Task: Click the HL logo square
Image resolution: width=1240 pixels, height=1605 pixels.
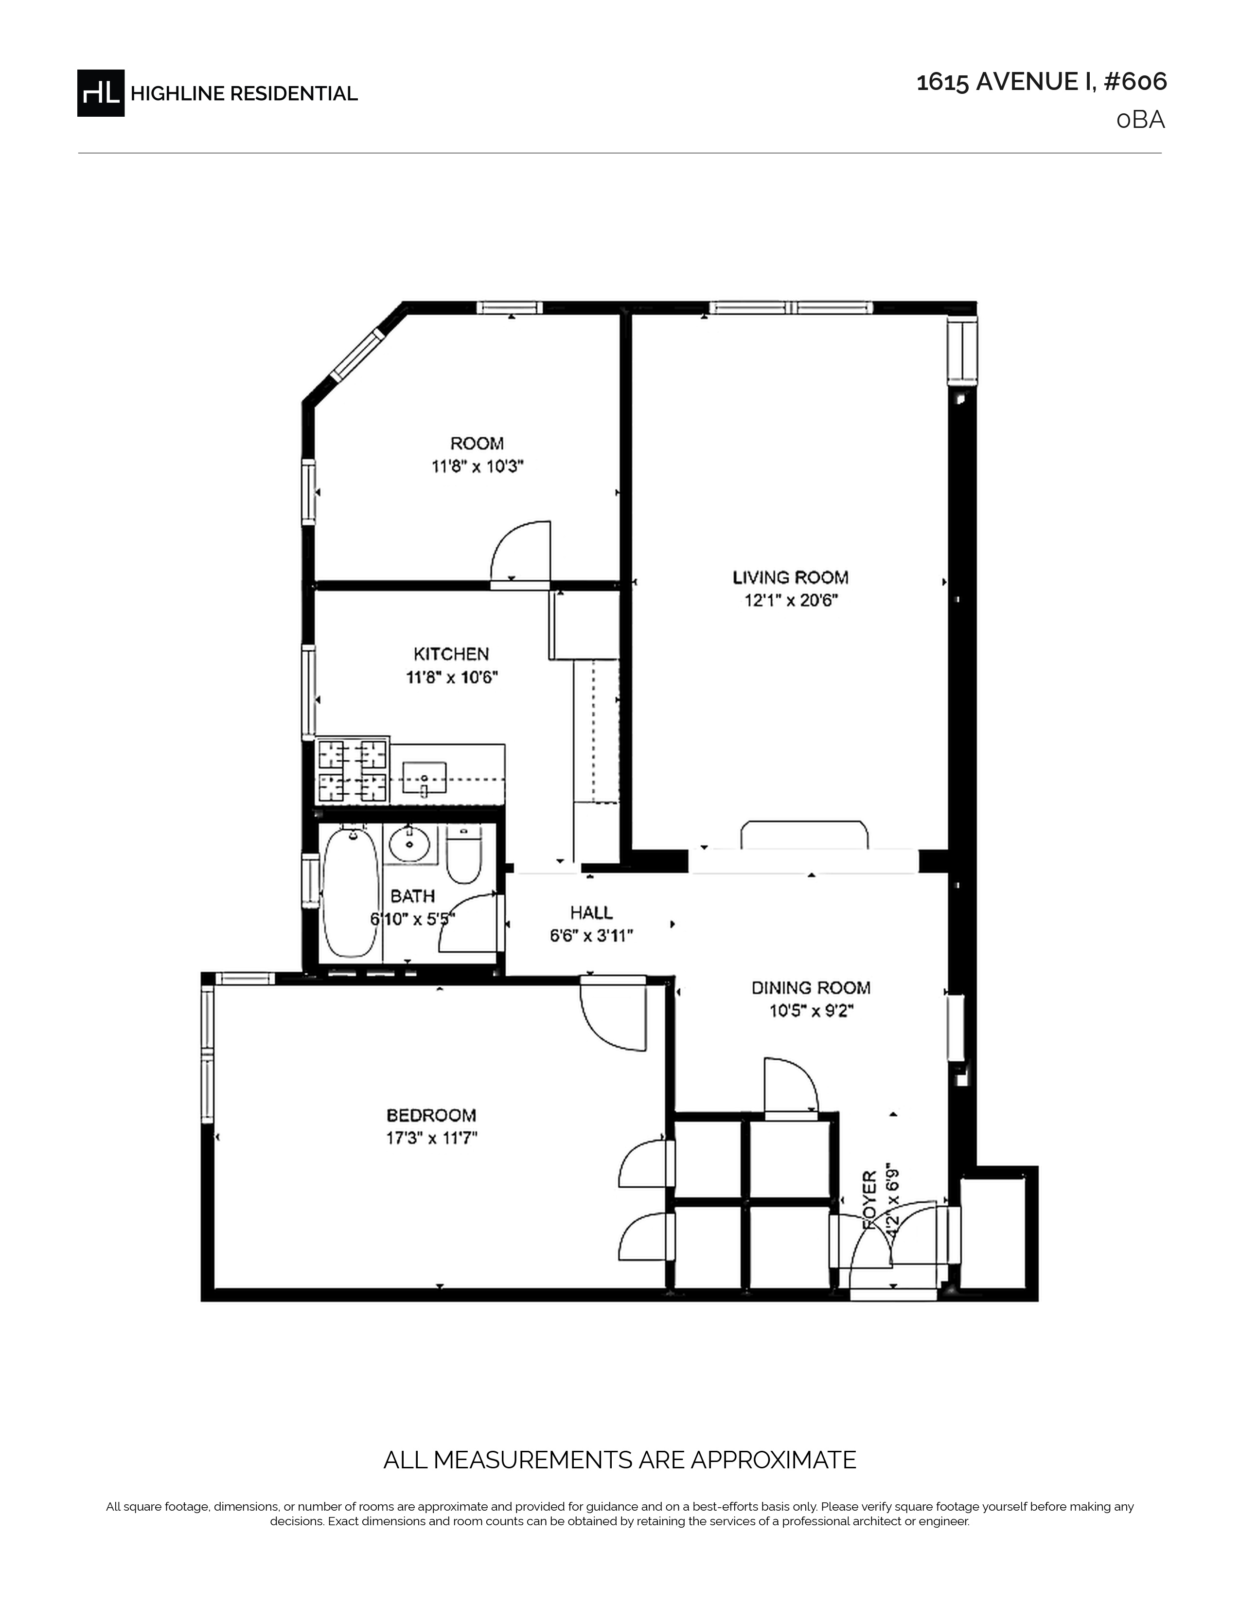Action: [x=101, y=92]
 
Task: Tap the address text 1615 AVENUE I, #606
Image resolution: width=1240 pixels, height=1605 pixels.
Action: [x=1042, y=82]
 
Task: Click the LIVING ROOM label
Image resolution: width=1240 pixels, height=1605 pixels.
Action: [x=790, y=578]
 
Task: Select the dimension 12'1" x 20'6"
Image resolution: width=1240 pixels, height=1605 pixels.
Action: [x=791, y=600]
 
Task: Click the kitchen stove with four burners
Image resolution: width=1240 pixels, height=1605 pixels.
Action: [x=352, y=770]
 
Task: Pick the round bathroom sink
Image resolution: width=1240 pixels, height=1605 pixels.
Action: [x=409, y=844]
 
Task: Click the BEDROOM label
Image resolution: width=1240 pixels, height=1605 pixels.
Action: [x=431, y=1115]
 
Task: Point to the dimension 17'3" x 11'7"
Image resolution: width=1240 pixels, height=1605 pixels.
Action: [x=432, y=1138]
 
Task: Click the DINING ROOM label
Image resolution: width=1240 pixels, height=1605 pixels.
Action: [x=811, y=988]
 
